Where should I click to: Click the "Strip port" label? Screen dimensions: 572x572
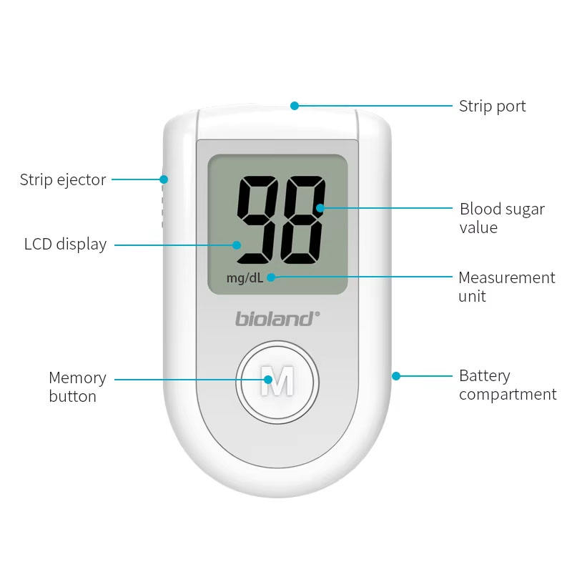[x=492, y=107]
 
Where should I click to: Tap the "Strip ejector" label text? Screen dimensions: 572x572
[x=63, y=179]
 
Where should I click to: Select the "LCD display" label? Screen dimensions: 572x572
[x=65, y=245]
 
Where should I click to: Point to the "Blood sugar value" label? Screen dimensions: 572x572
[x=502, y=218]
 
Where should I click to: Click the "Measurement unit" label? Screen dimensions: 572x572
[x=506, y=287]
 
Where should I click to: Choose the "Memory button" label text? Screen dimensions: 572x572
[x=77, y=387]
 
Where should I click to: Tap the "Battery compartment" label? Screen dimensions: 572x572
[x=507, y=385]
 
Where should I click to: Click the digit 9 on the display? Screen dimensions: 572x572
[x=259, y=219]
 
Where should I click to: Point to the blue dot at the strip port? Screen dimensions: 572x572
[x=294, y=106]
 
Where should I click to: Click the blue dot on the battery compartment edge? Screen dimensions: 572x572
[x=396, y=375]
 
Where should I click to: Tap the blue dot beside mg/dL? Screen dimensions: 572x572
[x=271, y=277]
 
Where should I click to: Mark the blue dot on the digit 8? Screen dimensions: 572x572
[x=320, y=208]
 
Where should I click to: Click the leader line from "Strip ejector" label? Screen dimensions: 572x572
[x=136, y=179]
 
